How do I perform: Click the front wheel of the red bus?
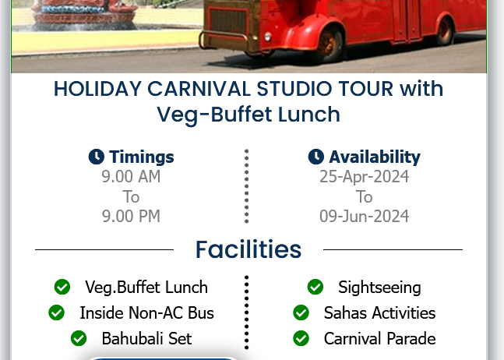pyautogui.click(x=328, y=44)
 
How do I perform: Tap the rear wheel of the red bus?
pyautogui.click(x=445, y=30)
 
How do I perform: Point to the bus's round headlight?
pyautogui.click(x=267, y=37)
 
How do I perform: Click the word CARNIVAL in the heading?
pyautogui.click(x=199, y=89)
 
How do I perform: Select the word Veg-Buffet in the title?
pyautogui.click(x=214, y=115)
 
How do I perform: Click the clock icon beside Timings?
pyautogui.click(x=96, y=157)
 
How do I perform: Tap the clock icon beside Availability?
pyautogui.click(x=316, y=157)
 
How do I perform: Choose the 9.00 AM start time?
pyautogui.click(x=131, y=176)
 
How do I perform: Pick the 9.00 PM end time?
pyautogui.click(x=131, y=216)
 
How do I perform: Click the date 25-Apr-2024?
pyautogui.click(x=365, y=177)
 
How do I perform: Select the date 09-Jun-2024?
pyautogui.click(x=365, y=216)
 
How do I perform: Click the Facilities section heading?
pyautogui.click(x=248, y=249)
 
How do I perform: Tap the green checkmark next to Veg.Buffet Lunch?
pyautogui.click(x=62, y=287)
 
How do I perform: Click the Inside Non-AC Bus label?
pyautogui.click(x=147, y=312)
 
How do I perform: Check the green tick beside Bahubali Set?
pyautogui.click(x=79, y=338)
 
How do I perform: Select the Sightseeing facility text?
pyautogui.click(x=379, y=288)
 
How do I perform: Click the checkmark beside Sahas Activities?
pyautogui.click(x=301, y=312)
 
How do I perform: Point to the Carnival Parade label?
pyautogui.click(x=380, y=338)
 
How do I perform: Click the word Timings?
pyautogui.click(x=142, y=157)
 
